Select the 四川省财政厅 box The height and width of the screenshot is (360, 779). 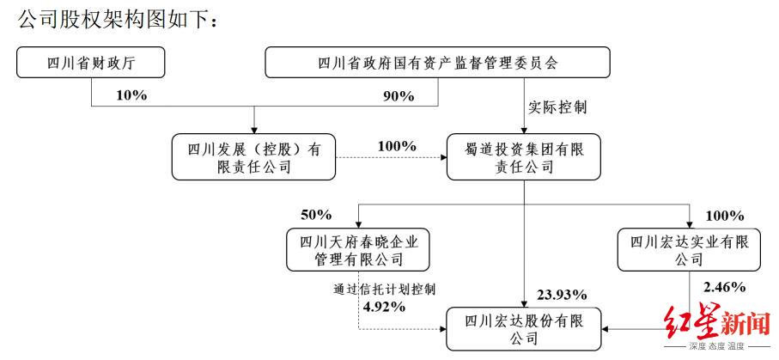[89, 64]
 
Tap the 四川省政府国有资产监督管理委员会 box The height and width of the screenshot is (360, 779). [437, 64]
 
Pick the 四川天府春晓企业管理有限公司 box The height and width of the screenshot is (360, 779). [357, 247]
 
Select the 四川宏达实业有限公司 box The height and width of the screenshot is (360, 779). [689, 247]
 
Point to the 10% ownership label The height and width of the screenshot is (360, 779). [131, 95]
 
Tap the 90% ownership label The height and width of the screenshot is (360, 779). [399, 96]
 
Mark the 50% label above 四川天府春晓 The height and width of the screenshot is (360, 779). [315, 214]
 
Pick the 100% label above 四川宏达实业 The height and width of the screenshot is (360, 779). [726, 214]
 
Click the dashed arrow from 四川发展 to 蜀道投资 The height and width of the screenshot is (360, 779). [391, 158]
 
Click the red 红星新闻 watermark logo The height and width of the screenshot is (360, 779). [716, 324]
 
